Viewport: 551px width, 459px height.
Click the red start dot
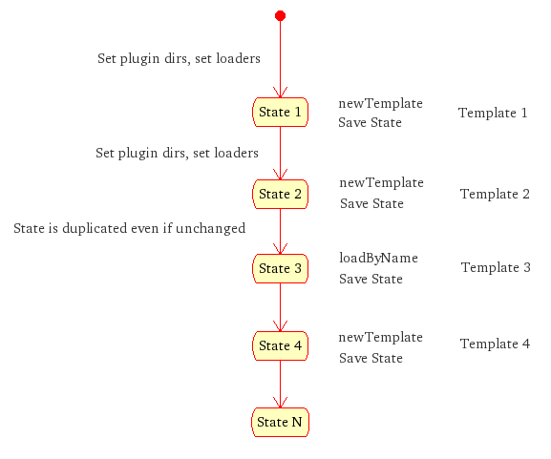[280, 16]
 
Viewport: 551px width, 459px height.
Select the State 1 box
[280, 112]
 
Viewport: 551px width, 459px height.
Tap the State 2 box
[280, 195]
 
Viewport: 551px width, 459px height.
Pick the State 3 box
[280, 269]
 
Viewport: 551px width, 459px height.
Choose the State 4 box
[280, 345]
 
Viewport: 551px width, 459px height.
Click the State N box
[280, 422]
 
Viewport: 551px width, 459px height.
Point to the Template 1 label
[493, 113]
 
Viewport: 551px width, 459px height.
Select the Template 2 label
[495, 194]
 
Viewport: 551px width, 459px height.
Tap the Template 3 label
[496, 267]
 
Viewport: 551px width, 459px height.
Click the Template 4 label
[495, 344]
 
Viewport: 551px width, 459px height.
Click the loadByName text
[378, 258]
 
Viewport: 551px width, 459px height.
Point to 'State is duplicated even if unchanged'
[129, 228]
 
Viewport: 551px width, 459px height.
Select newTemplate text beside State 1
[381, 103]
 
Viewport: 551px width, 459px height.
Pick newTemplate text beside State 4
[381, 337]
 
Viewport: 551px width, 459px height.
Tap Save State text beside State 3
[371, 279]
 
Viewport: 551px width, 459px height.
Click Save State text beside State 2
[371, 203]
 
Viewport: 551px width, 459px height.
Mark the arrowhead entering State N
[280, 403]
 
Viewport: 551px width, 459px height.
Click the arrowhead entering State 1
[280, 93]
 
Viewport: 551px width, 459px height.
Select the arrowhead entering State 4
[280, 326]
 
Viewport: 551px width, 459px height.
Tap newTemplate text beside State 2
[381, 182]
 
